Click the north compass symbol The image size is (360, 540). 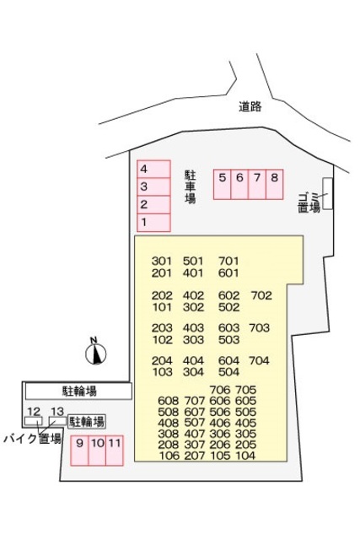(97, 352)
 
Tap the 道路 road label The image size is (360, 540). (250, 106)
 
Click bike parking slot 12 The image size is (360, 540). (34, 413)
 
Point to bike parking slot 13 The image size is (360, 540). (56, 413)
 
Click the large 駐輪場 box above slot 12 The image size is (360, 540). (78, 391)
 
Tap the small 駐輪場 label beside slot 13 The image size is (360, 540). (87, 421)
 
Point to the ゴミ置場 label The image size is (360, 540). (309, 201)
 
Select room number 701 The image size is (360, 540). (229, 260)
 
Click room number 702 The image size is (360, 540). (261, 295)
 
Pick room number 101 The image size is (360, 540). (162, 307)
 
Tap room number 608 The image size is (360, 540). (168, 401)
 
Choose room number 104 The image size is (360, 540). (246, 456)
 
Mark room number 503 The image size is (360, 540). (229, 340)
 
